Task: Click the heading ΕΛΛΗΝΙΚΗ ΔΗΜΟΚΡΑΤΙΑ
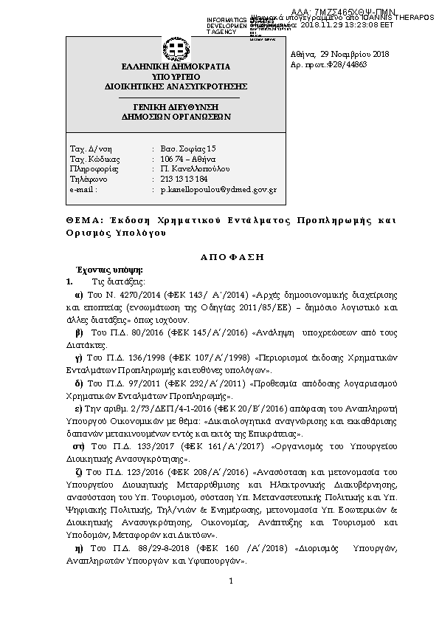pyautogui.click(x=176, y=66)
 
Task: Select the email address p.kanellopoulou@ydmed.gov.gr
pyautogui.click(x=218, y=190)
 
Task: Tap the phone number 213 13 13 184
pyautogui.click(x=184, y=180)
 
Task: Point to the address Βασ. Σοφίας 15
pyautogui.click(x=188, y=148)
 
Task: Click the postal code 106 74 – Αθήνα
pyautogui.click(x=187, y=159)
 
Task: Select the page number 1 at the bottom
pyautogui.click(x=230, y=580)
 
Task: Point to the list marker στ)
pyautogui.click(x=79, y=447)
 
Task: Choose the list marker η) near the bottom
pyautogui.click(x=79, y=549)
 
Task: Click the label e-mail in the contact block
pyautogui.click(x=83, y=190)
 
